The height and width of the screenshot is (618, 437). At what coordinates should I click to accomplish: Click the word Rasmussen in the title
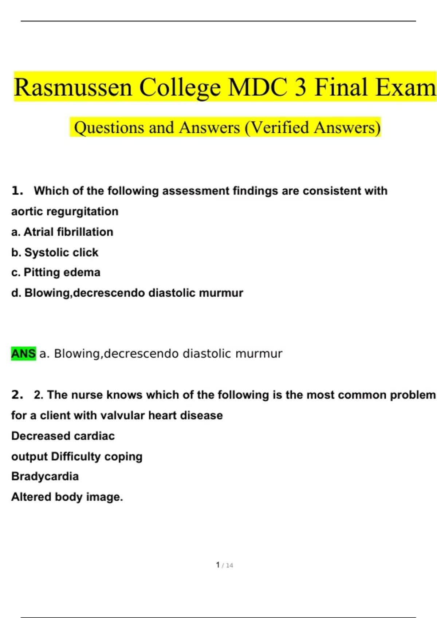click(x=73, y=87)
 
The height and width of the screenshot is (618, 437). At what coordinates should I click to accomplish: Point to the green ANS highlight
click(x=24, y=353)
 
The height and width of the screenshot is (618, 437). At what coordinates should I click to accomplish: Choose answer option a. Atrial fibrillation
click(x=62, y=232)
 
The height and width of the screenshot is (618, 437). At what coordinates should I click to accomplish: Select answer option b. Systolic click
click(x=55, y=252)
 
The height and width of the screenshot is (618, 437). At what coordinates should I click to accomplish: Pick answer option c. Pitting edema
click(x=56, y=272)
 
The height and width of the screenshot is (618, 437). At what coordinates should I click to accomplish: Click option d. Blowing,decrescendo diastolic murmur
click(x=127, y=293)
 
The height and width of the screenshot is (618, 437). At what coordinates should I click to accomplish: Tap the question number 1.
click(x=17, y=190)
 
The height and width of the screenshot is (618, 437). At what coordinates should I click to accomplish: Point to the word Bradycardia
click(x=45, y=476)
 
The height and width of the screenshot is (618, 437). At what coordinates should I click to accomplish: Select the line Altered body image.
click(x=67, y=497)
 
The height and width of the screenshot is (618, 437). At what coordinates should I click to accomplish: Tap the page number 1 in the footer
click(x=218, y=565)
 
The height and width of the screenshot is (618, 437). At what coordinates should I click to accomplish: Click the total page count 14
click(x=229, y=565)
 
